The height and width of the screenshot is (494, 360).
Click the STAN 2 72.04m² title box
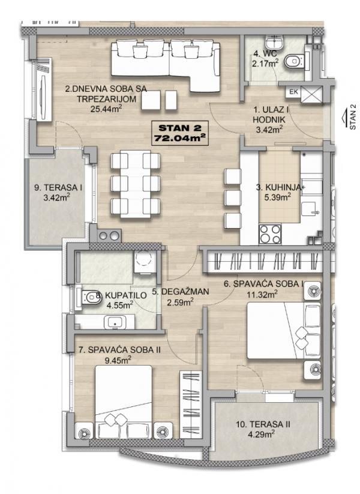[181, 132]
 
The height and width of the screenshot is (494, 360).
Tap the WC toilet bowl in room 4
[295, 61]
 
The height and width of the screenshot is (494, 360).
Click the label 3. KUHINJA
[278, 187]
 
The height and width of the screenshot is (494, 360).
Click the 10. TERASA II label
[263, 424]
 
